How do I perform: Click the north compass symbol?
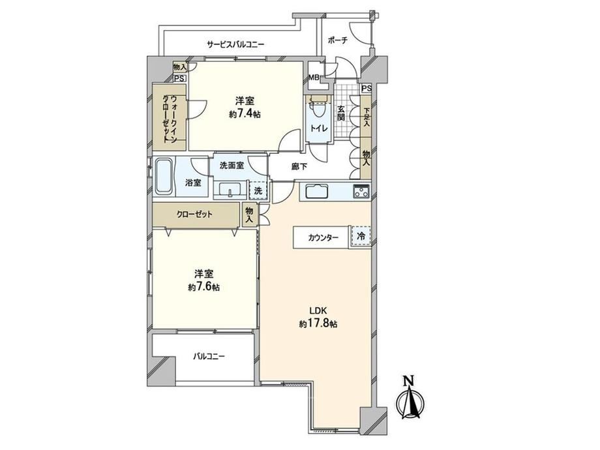click(410, 401)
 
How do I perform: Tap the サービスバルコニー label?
click(235, 44)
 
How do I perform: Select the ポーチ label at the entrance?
click(338, 40)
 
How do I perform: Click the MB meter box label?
click(314, 78)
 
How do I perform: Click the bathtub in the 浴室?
click(164, 177)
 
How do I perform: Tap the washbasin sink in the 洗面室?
click(230, 189)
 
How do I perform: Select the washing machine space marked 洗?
click(258, 190)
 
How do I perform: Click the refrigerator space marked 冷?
click(361, 236)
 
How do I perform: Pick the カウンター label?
click(323, 237)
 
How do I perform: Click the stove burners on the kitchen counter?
click(361, 190)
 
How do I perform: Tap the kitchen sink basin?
click(316, 190)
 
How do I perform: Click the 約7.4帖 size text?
click(245, 114)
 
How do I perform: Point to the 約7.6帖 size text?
click(203, 287)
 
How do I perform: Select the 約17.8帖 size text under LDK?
click(318, 323)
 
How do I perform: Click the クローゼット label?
click(194, 215)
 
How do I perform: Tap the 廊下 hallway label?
click(299, 166)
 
